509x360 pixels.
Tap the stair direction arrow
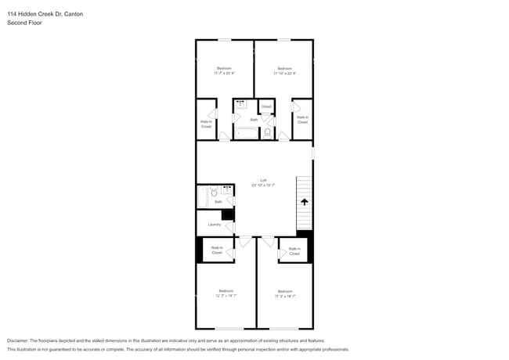point(304,201)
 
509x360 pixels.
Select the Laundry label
point(214,225)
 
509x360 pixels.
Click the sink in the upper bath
point(240,104)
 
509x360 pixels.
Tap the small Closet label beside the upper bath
point(266,106)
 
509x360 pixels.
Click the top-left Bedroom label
point(224,68)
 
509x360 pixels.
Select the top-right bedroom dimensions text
point(283,73)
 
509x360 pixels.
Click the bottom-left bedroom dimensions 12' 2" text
point(226,296)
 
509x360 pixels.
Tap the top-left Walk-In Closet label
point(206,123)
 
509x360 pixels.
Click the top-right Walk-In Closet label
point(302,120)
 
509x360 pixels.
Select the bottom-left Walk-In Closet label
point(217,250)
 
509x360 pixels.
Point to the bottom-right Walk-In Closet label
point(294,251)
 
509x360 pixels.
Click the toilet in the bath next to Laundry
point(214,191)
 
